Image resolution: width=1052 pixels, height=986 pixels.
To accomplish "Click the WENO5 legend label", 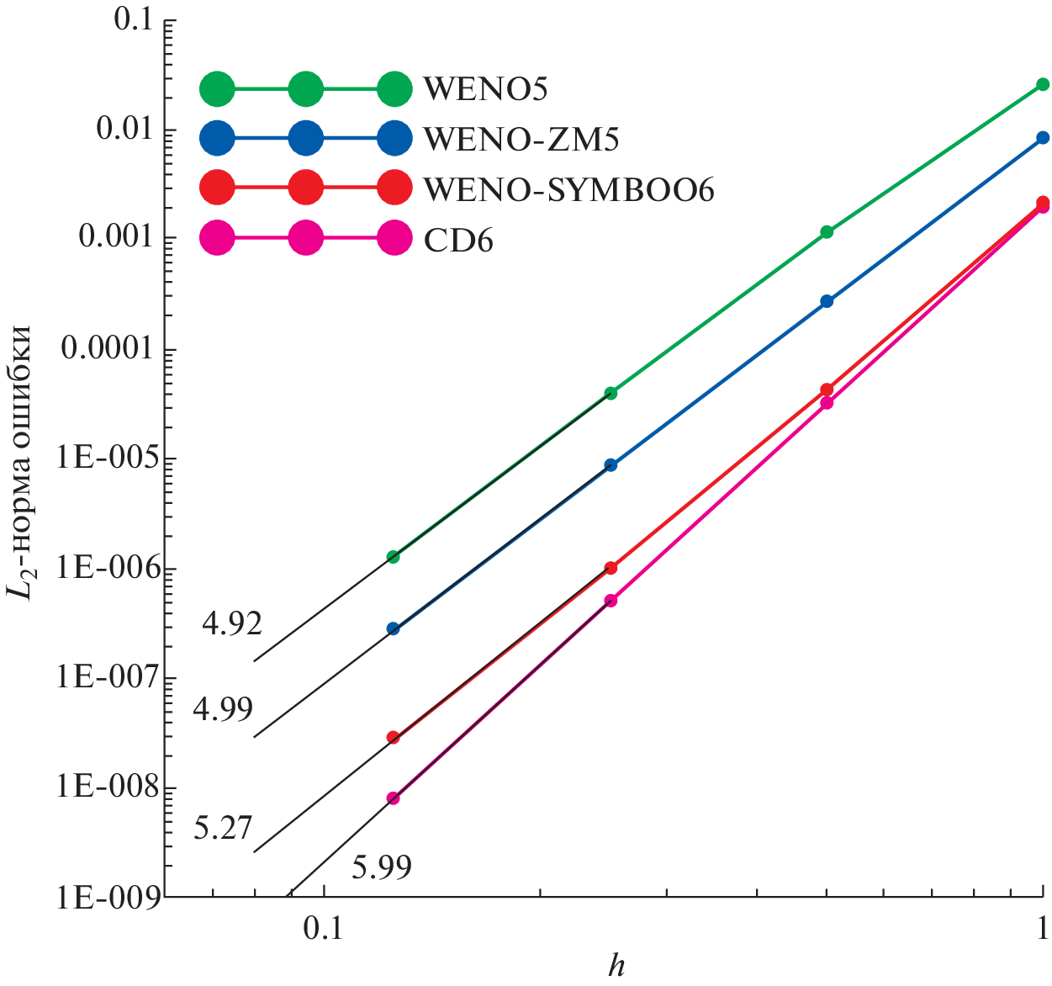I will click(485, 88).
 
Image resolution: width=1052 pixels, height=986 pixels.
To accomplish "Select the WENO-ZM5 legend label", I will click(521, 139).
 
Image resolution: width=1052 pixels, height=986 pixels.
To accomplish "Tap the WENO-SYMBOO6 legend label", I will click(568, 190).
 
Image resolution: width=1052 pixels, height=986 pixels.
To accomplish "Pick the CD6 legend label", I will click(457, 241).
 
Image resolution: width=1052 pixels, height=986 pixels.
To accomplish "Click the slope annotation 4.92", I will click(232, 623).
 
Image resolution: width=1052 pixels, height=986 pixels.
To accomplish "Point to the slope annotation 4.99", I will click(223, 709).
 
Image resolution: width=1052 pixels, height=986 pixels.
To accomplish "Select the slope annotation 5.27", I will click(223, 828).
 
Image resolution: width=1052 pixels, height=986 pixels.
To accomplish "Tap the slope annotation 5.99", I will click(382, 867).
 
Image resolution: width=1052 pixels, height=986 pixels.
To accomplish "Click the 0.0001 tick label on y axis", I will click(107, 347).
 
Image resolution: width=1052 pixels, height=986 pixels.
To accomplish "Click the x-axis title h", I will click(616, 966).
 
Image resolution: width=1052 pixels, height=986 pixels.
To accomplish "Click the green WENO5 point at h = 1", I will click(1043, 84).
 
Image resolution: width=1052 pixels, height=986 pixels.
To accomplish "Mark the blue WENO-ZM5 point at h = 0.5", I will click(827, 301).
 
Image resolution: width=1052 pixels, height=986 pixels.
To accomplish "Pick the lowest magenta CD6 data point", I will click(393, 798).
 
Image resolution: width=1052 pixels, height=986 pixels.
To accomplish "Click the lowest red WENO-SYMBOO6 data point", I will click(393, 738).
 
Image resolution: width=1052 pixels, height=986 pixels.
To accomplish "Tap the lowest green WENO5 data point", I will click(393, 557).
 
